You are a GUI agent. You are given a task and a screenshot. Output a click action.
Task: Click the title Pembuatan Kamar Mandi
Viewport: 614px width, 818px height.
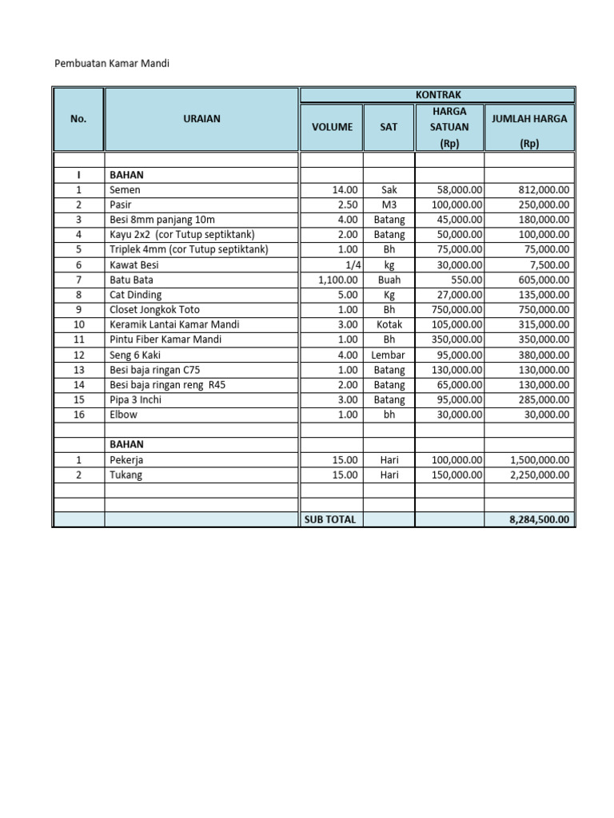coord(112,62)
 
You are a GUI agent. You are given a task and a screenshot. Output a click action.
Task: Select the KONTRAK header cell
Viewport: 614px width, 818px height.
coord(437,94)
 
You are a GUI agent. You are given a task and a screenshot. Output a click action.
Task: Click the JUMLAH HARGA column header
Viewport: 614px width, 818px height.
coord(528,119)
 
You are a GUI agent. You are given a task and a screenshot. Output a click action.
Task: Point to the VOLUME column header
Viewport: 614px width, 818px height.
coord(331,126)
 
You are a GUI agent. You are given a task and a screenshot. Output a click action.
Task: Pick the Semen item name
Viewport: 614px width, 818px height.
coord(125,190)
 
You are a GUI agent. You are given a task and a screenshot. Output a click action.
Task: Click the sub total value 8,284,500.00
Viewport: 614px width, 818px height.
coord(539,519)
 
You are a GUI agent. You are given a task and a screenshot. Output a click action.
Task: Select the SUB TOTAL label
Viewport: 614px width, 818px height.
coord(330,519)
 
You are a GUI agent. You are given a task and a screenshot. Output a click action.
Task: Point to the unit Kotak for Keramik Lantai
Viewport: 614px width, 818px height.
coord(389,325)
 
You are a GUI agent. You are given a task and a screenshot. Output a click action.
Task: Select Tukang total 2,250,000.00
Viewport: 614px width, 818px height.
coord(539,475)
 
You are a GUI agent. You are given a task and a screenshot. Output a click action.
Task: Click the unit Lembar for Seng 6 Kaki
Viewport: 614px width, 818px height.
coord(389,355)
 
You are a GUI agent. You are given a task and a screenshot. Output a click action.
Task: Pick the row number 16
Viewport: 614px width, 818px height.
coord(78,415)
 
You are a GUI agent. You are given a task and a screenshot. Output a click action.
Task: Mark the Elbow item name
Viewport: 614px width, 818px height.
coord(123,415)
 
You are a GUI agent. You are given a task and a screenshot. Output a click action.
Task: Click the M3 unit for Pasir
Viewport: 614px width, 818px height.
coord(389,205)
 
